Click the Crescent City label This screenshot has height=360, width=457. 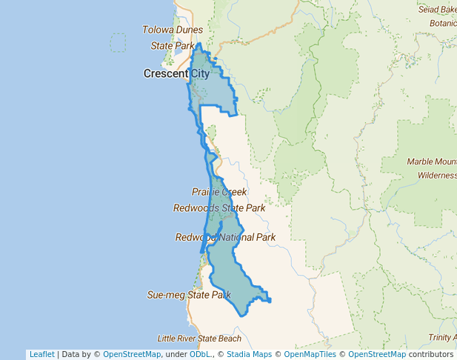coord(176,73)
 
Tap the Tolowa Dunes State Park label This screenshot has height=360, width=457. coord(172,38)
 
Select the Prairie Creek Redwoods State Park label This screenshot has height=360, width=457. coord(219,200)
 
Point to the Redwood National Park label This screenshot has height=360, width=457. coord(225,237)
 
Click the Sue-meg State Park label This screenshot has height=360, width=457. coord(189,294)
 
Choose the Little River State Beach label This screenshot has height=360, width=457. coord(199,339)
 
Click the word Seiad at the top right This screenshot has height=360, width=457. coord(428,9)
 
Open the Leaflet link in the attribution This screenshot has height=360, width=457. coord(41,354)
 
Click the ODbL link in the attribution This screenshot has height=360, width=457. coord(200,354)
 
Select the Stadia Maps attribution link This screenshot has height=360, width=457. coord(249,354)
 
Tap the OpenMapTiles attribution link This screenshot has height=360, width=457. coord(310,354)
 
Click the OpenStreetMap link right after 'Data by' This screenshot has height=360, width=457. coord(132,354)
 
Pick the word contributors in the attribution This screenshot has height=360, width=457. coord(430,354)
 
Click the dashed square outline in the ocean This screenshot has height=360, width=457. coord(118,43)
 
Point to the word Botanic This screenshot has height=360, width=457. coord(443,22)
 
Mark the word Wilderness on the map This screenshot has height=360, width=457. coord(437,176)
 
